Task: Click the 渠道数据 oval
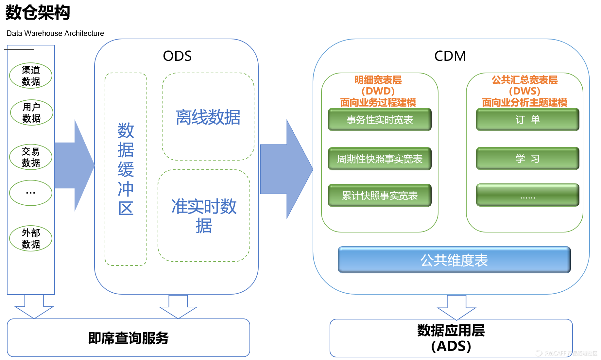click(x=31, y=76)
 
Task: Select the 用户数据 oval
click(x=31, y=112)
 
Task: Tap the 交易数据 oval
click(x=31, y=157)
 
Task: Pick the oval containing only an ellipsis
click(x=31, y=193)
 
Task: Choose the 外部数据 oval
click(x=31, y=238)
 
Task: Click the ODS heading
click(x=177, y=56)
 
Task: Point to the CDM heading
click(x=450, y=56)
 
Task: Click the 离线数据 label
click(x=208, y=117)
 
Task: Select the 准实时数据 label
click(x=204, y=216)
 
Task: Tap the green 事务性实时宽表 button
click(x=380, y=120)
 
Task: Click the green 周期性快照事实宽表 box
click(x=380, y=159)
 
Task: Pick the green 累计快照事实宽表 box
click(x=380, y=196)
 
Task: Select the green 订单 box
click(x=527, y=120)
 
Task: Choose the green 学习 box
click(x=527, y=159)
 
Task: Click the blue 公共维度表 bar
click(x=454, y=260)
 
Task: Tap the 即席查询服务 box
click(x=128, y=338)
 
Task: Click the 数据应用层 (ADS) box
click(x=451, y=338)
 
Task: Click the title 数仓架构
click(x=38, y=13)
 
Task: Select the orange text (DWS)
click(x=524, y=91)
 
